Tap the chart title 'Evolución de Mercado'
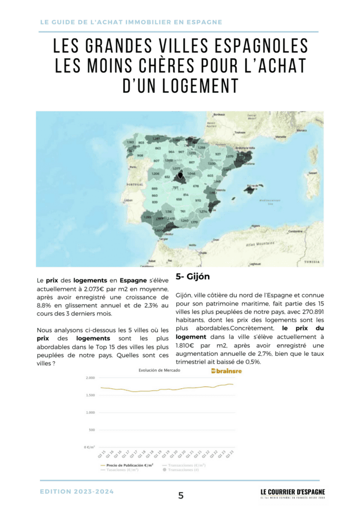pos(160,371)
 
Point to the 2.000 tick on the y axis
pos(89,378)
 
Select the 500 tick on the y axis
pos(91,430)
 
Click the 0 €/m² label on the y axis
pos(89,447)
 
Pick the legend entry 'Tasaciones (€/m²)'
pos(122,470)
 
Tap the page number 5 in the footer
pos(181,496)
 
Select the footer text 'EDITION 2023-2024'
pos(77,492)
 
